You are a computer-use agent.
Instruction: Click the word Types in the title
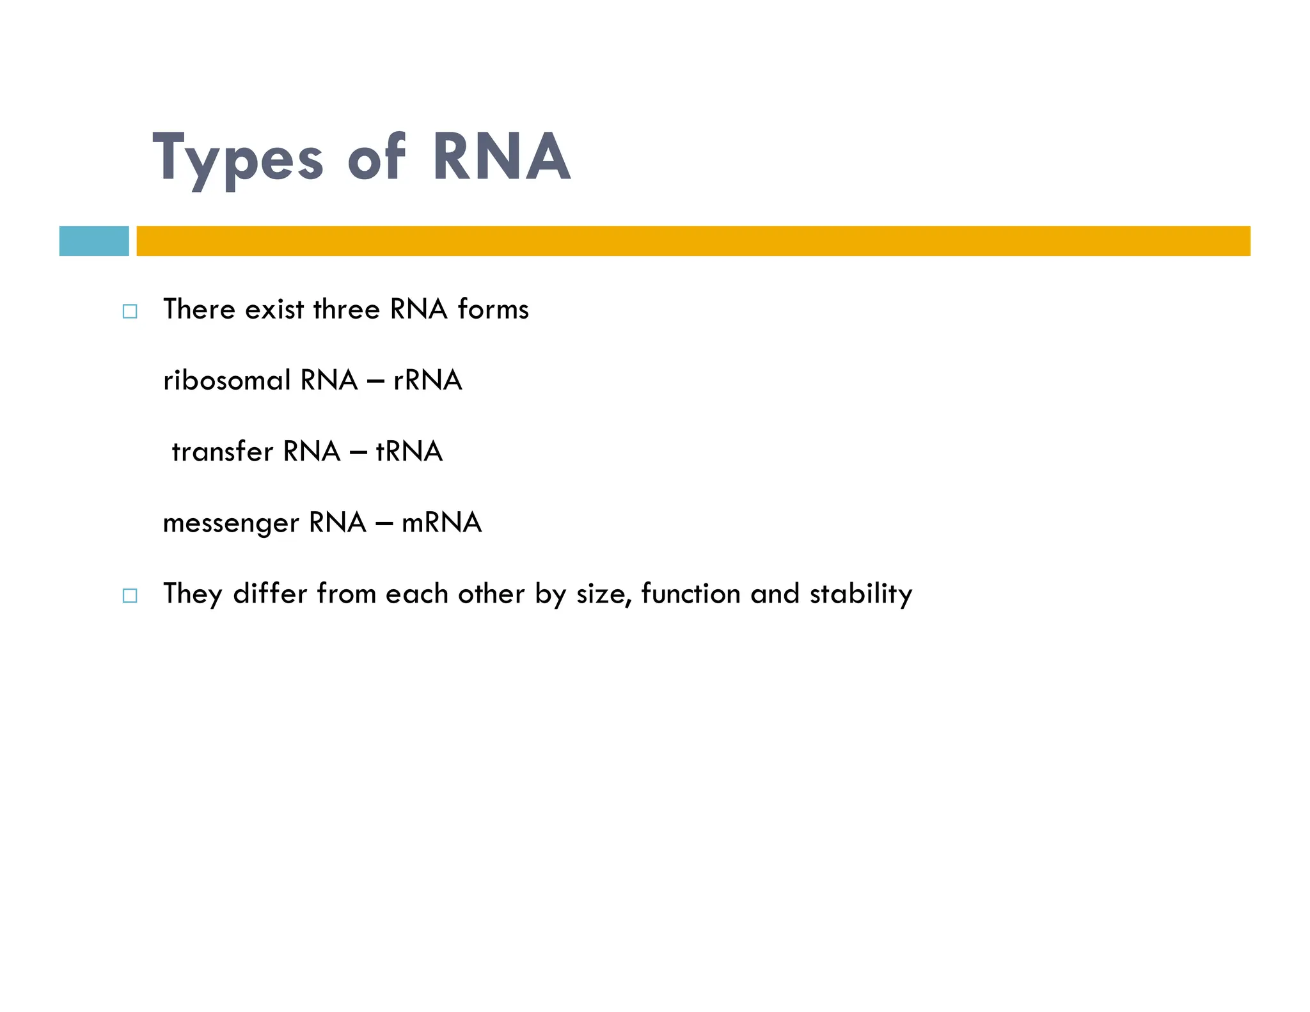[238, 159]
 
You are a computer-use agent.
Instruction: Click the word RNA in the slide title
[501, 157]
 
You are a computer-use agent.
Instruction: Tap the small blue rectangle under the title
[94, 241]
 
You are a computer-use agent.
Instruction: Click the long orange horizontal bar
[693, 241]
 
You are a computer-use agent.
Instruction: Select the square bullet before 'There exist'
[130, 312]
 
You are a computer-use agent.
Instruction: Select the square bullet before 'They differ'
[130, 596]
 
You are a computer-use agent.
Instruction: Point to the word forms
[493, 310]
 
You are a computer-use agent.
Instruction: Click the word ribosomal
[227, 381]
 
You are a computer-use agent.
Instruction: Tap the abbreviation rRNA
[427, 381]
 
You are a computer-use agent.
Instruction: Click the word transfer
[223, 452]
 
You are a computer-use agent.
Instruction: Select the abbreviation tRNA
[409, 452]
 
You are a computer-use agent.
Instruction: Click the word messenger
[231, 523]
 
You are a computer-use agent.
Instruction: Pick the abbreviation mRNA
[441, 523]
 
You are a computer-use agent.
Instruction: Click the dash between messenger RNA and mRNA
[384, 524]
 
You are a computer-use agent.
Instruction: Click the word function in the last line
[690, 594]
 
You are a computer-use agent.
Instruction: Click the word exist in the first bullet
[274, 310]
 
